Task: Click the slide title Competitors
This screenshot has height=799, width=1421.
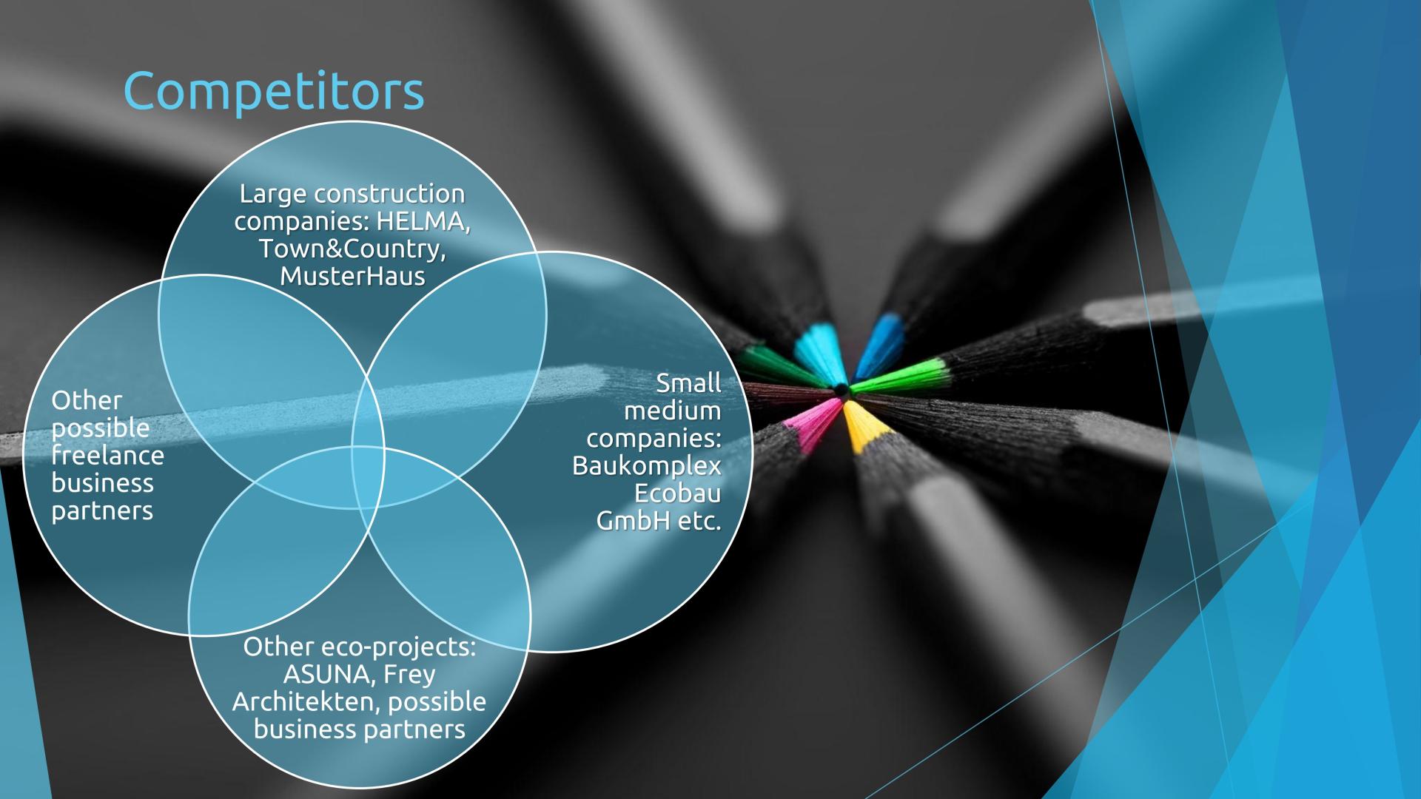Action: pyautogui.click(x=273, y=91)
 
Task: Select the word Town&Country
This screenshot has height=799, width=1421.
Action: pyautogui.click(x=352, y=249)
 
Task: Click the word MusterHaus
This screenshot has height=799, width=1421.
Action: pyautogui.click(x=352, y=276)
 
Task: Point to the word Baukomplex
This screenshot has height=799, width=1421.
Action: pyautogui.click(x=646, y=466)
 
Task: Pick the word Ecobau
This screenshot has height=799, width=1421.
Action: pyautogui.click(x=677, y=493)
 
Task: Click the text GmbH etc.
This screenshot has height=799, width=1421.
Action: pyautogui.click(x=658, y=521)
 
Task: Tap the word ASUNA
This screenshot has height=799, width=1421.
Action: pyautogui.click(x=326, y=674)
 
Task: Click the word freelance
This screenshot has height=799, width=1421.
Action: pyautogui.click(x=108, y=456)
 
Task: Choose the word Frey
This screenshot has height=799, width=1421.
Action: pyautogui.click(x=409, y=674)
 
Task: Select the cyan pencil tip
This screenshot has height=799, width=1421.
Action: pyautogui.click(x=814, y=348)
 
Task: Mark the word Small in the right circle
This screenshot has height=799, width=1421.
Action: pyautogui.click(x=688, y=383)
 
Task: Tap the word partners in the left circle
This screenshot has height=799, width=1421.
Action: pyautogui.click(x=102, y=510)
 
